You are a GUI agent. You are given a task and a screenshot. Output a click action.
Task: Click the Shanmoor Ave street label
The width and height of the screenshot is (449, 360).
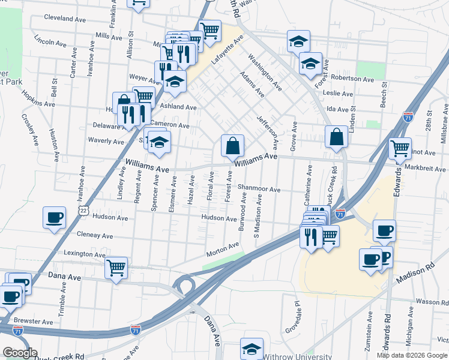tap(259, 190)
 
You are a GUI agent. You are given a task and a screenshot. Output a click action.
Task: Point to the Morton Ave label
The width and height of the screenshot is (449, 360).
tap(223, 250)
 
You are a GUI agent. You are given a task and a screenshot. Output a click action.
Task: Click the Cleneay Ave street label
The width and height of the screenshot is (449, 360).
tap(94, 236)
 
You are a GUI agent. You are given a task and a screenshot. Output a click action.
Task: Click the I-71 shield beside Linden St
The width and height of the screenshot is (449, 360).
tap(408, 116)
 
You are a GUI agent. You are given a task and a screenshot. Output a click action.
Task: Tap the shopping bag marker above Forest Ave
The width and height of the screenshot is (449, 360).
tap(232, 145)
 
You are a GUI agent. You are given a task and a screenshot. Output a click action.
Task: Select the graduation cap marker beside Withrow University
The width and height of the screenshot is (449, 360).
tap(252, 349)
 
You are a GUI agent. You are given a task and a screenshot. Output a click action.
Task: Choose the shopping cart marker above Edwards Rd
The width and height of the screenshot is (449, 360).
tap(399, 148)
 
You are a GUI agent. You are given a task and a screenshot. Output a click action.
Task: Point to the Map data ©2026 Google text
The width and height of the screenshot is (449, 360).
tap(411, 355)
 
